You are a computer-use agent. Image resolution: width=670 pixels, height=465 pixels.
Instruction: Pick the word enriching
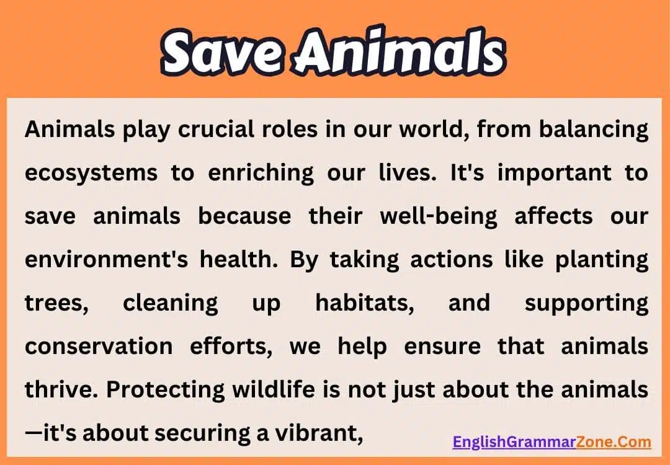click(261, 174)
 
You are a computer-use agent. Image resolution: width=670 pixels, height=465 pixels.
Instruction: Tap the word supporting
click(586, 303)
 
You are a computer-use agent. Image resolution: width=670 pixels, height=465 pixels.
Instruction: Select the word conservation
click(99, 346)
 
